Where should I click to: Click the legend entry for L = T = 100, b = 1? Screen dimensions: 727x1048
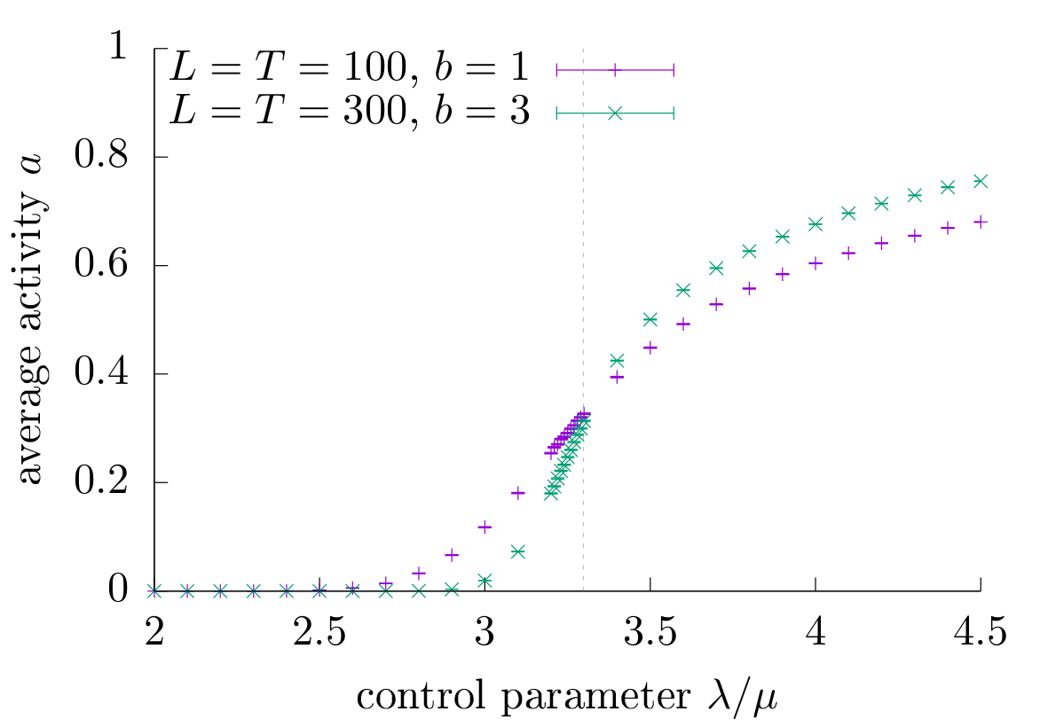pyautogui.click(x=351, y=69)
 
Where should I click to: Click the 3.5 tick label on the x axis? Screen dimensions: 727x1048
pyautogui.click(x=650, y=634)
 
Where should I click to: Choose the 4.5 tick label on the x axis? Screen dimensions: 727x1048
pyautogui.click(x=980, y=634)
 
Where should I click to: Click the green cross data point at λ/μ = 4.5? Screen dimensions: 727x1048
pyautogui.click(x=981, y=181)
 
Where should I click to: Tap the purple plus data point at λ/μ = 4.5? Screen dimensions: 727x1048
pyautogui.click(x=981, y=222)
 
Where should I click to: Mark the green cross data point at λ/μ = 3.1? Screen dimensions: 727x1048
pyautogui.click(x=518, y=551)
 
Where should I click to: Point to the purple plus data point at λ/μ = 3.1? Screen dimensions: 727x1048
pyautogui.click(x=518, y=493)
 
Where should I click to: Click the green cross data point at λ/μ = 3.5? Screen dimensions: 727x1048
pyautogui.click(x=650, y=319)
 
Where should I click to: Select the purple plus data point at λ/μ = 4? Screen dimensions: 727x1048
pyautogui.click(x=816, y=263)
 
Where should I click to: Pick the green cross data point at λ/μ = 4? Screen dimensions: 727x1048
pyautogui.click(x=816, y=224)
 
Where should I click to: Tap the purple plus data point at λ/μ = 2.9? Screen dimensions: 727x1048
pyautogui.click(x=452, y=555)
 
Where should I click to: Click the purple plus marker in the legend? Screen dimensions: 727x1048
pyautogui.click(x=615, y=69)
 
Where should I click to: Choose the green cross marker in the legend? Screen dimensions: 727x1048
pyautogui.click(x=615, y=113)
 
